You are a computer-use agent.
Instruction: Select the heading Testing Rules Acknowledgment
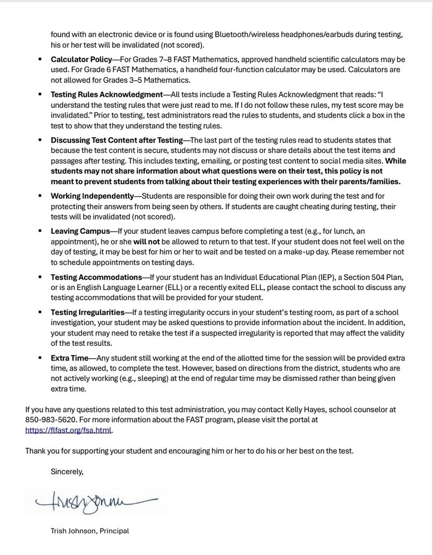[x=107, y=94]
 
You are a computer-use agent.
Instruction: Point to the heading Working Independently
[x=92, y=196]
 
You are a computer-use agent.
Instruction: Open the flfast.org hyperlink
[x=69, y=430]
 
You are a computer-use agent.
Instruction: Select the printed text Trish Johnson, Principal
[x=90, y=531]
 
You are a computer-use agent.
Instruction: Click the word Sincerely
[x=67, y=472]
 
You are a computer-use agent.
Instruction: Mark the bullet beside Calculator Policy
[x=41, y=59]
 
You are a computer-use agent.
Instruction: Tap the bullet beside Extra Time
[x=41, y=358]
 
